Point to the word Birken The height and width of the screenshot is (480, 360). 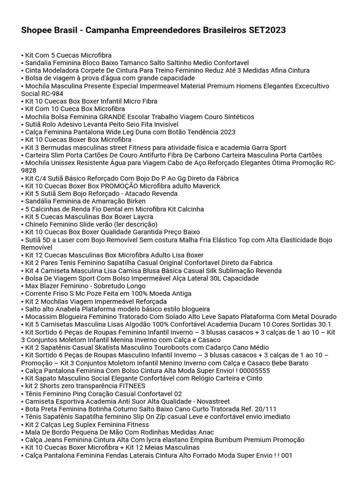pos(135,201)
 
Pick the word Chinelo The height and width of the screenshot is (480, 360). pos(38,225)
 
